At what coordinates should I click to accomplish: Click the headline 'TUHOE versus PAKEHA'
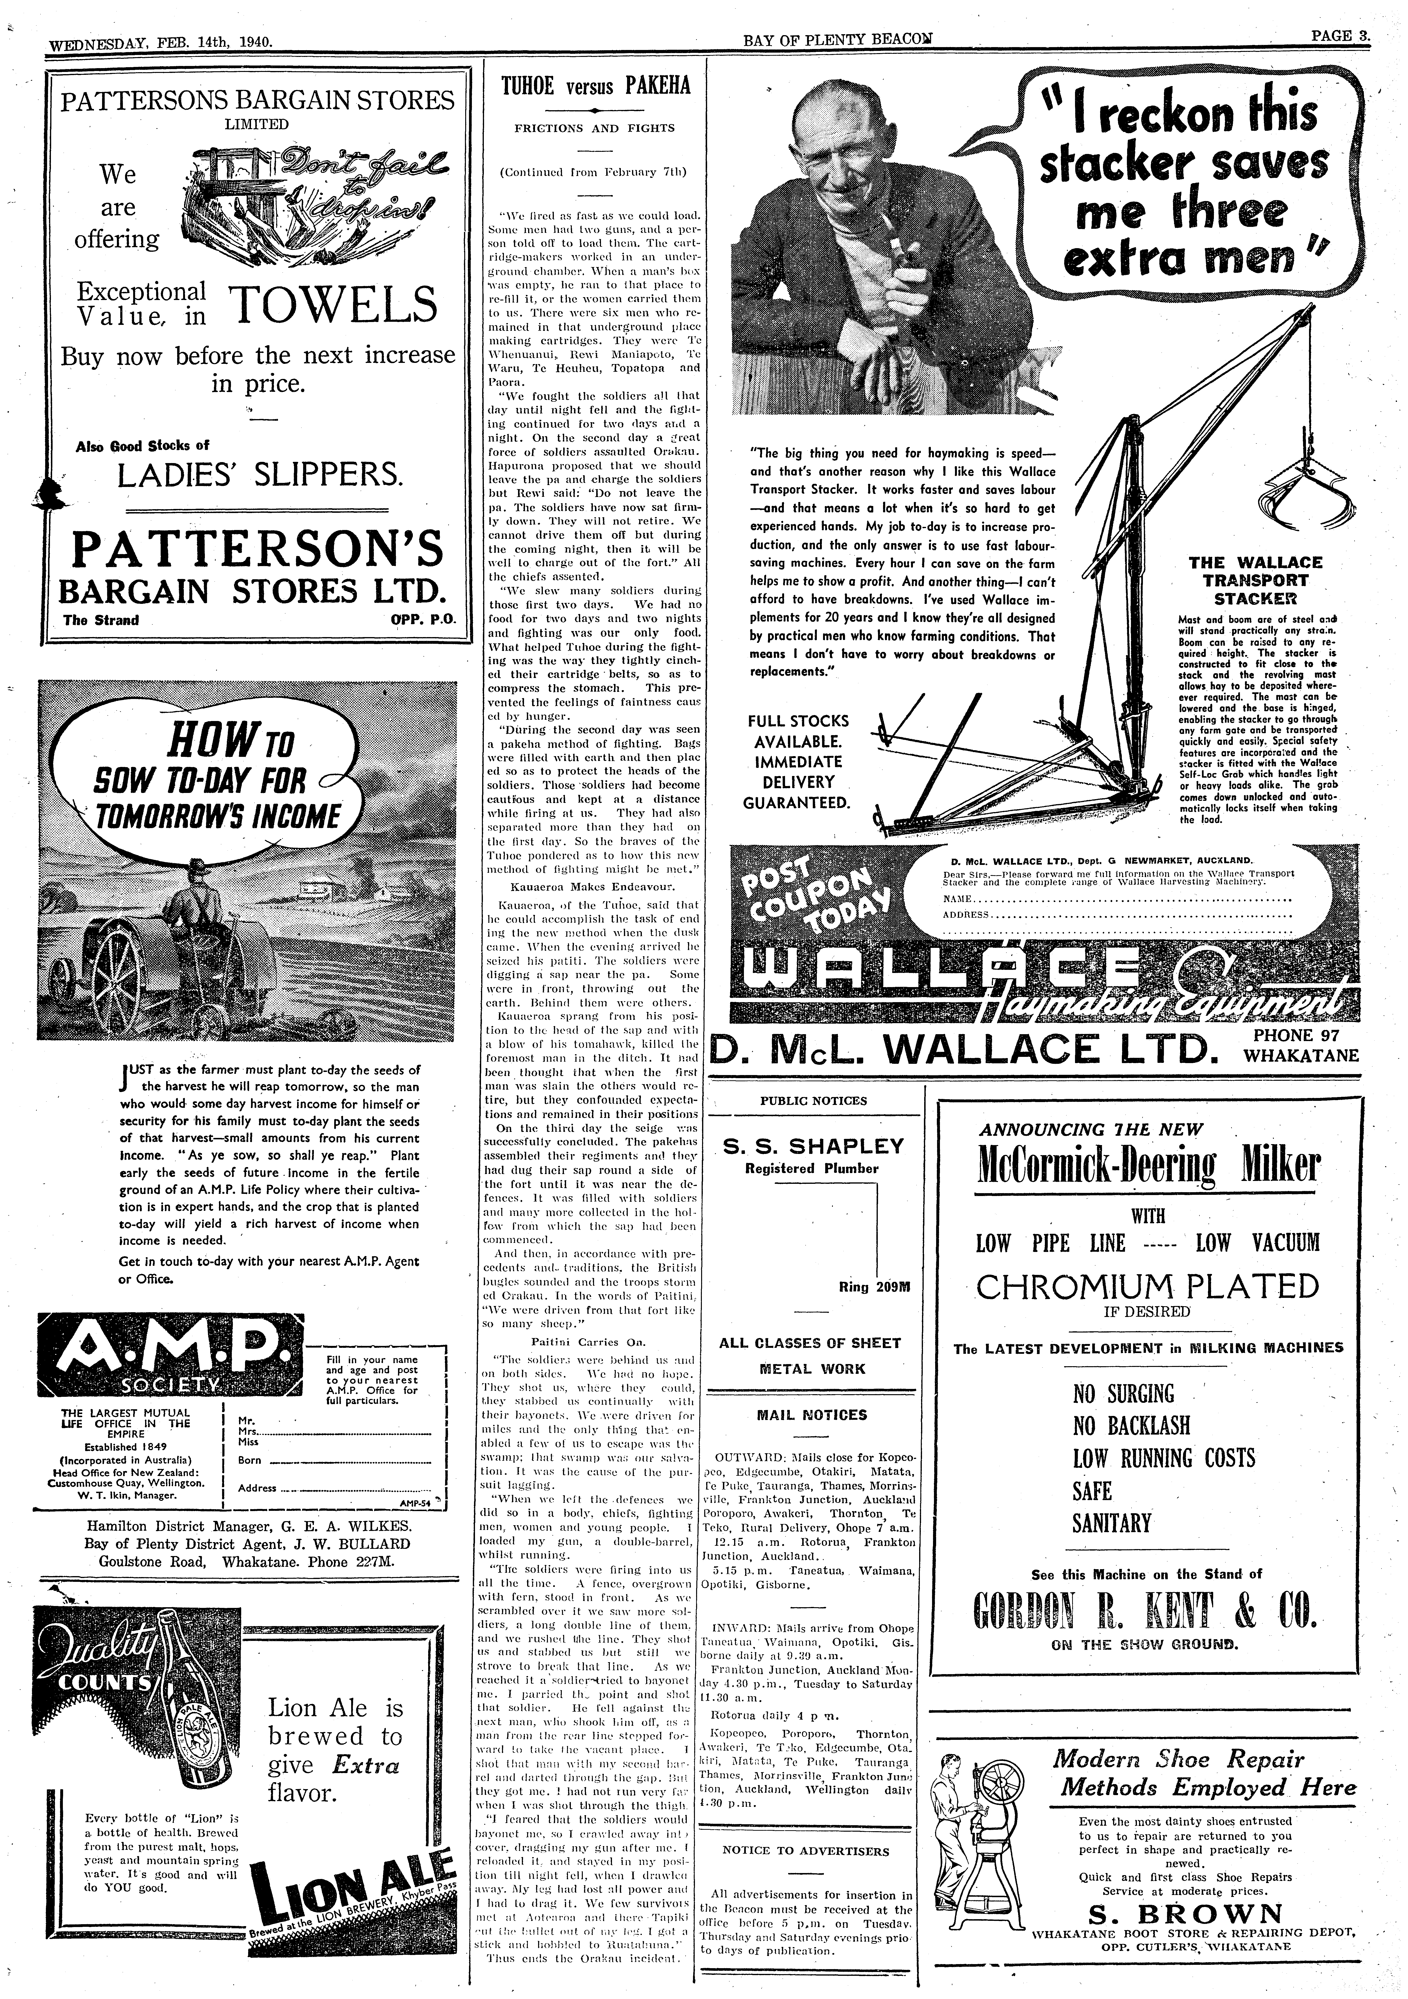point(596,85)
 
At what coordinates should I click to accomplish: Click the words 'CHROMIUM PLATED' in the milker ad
point(1148,1287)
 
